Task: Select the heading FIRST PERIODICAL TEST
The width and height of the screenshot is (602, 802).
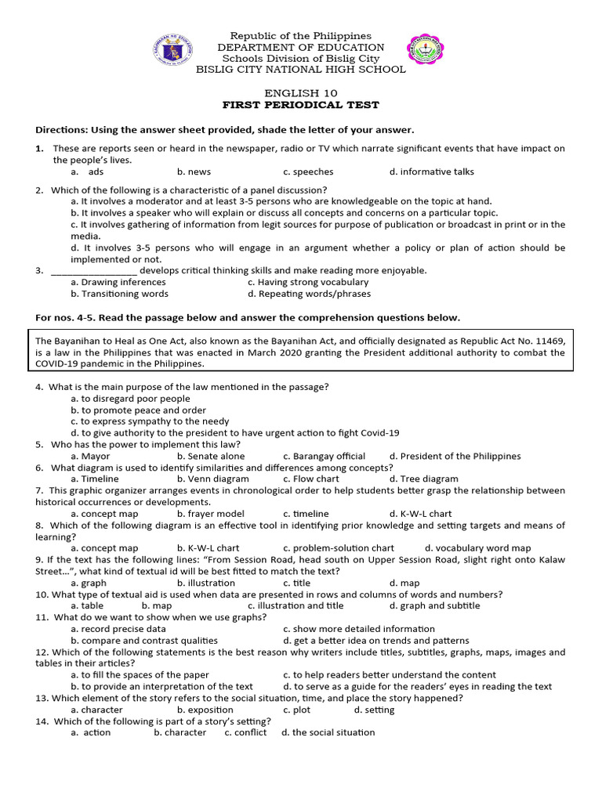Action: pos(301,105)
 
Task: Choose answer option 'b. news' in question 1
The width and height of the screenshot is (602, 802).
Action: pos(194,172)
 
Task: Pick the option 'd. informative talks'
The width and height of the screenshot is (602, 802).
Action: pos(431,172)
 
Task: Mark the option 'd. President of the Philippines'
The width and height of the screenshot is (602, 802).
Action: pos(455,456)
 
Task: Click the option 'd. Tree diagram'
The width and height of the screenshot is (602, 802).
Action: pos(423,479)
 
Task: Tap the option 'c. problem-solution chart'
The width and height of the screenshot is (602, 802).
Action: pos(339,548)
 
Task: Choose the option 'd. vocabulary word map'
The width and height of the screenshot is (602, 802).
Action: pos(477,548)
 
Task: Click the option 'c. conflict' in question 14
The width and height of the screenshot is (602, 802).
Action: pos(245,732)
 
